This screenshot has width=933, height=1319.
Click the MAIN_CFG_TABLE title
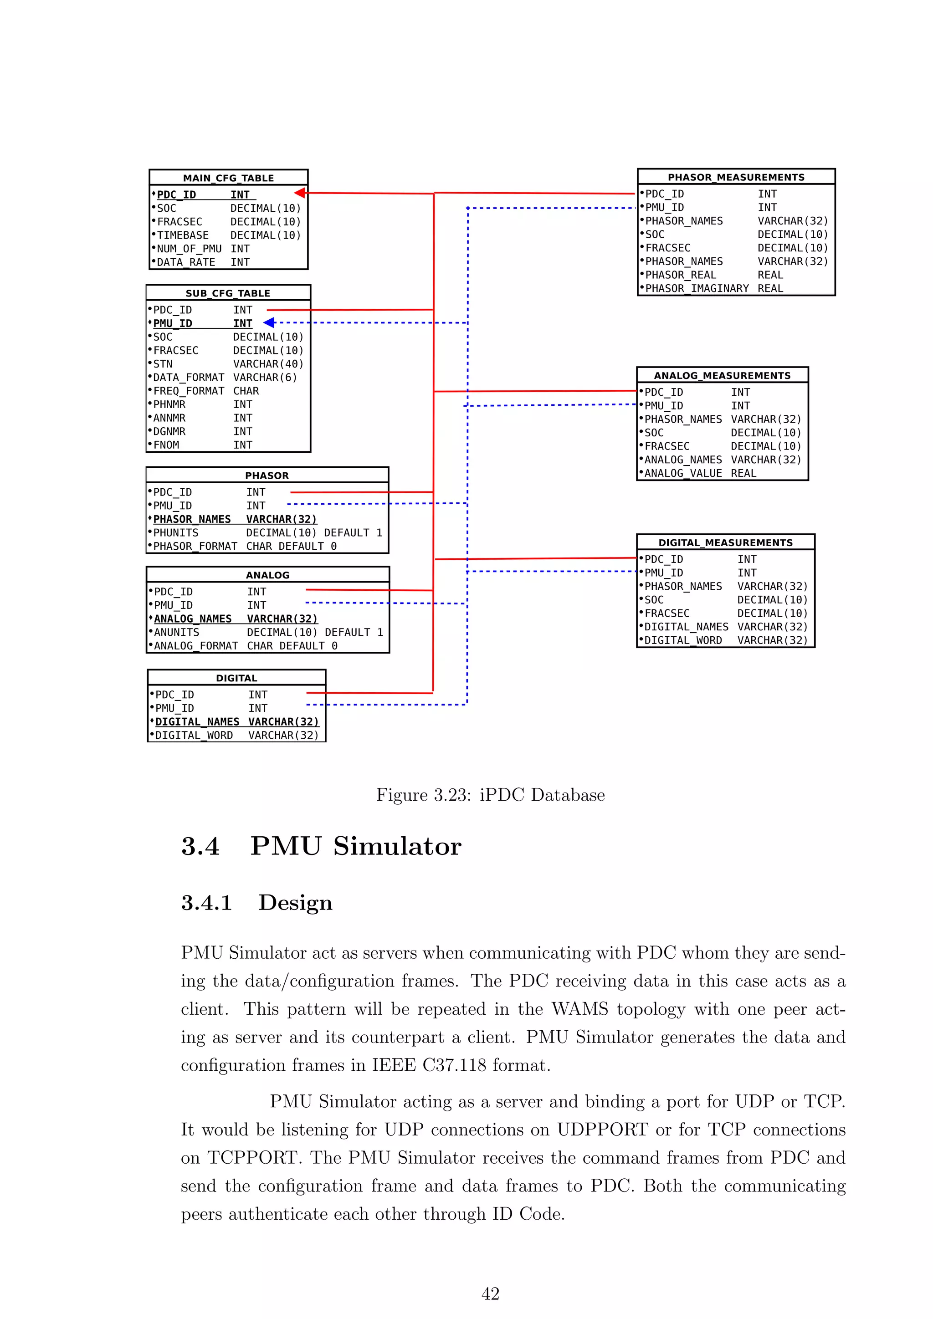(228, 178)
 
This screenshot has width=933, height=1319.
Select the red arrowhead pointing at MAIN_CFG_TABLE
(300, 193)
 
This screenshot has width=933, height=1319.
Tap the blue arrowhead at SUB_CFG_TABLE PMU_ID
(269, 323)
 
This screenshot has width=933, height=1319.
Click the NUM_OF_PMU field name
(189, 249)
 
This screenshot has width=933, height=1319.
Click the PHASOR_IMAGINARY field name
(697, 288)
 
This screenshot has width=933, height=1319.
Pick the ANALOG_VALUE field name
(683, 473)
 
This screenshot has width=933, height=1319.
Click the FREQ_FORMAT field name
(189, 391)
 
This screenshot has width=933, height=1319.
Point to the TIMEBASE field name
(183, 235)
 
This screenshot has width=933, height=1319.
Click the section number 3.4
(200, 847)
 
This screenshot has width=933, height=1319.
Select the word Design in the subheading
(295, 903)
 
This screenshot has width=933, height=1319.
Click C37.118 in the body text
(454, 1065)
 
